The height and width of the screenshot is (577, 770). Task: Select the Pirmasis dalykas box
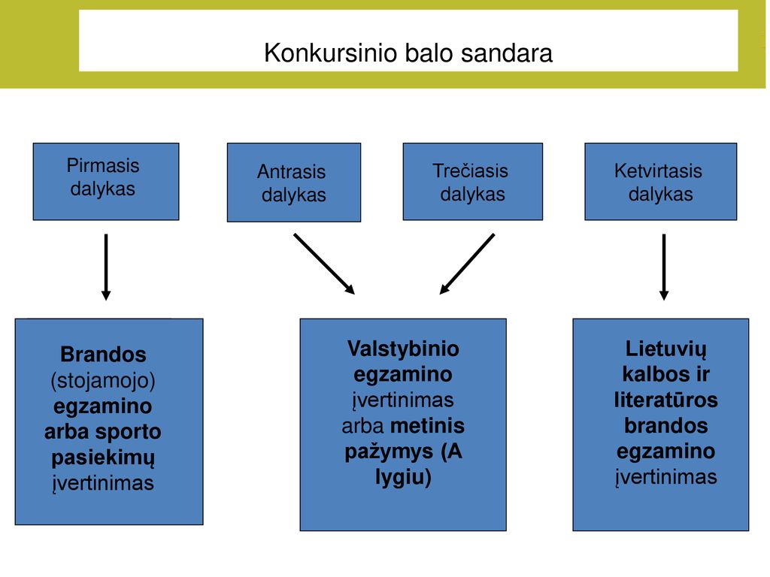106,182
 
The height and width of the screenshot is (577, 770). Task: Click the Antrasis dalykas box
294,183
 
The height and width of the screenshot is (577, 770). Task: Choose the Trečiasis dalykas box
473,182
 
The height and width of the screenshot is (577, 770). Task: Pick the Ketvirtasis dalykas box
660,182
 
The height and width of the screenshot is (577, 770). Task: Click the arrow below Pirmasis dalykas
105,267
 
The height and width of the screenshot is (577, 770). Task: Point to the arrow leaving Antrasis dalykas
324,264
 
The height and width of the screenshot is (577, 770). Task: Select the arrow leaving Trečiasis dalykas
467,264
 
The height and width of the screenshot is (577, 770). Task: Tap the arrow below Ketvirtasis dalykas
664,267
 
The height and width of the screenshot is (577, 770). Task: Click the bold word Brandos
103,355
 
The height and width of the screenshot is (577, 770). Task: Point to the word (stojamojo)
103,380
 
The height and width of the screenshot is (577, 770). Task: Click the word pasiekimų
103,458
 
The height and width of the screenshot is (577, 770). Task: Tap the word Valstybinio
403,349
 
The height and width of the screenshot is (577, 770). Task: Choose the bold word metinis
427,425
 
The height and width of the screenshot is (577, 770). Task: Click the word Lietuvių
666,349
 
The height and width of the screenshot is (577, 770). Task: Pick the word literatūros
666,400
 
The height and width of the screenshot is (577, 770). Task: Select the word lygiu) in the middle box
403,477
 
